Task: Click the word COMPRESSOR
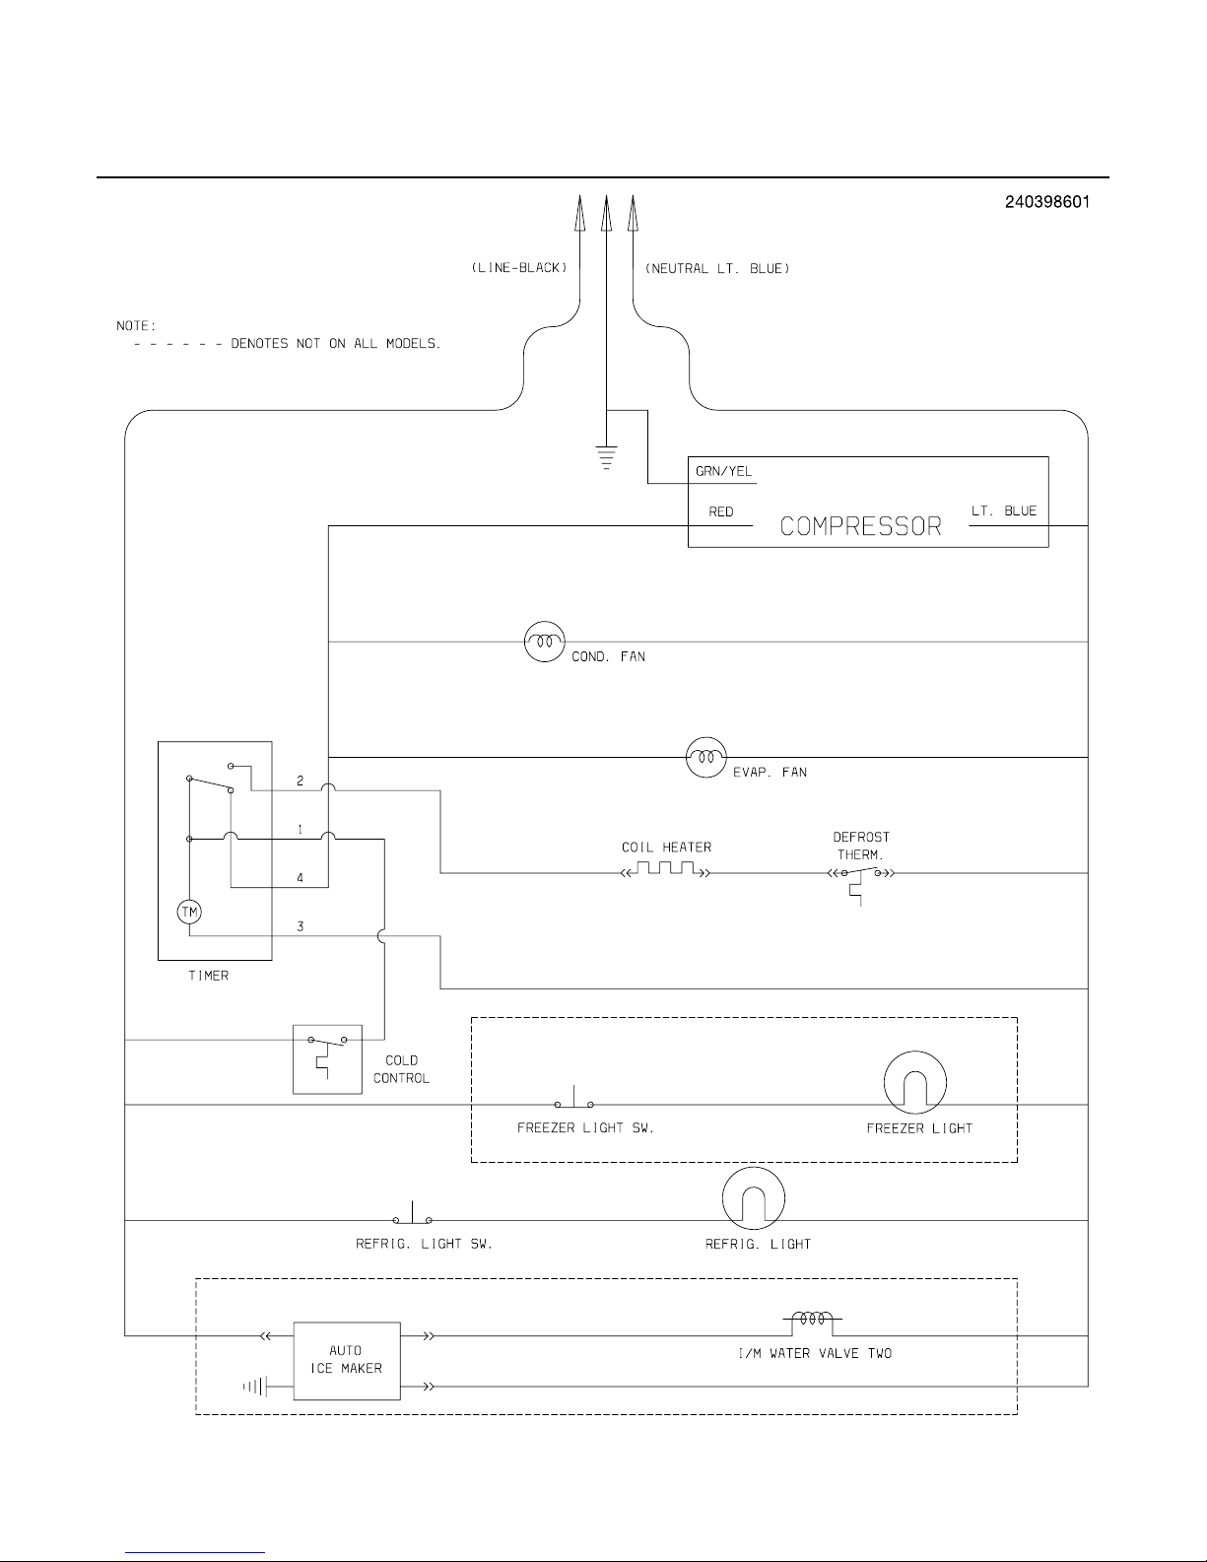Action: pos(860,527)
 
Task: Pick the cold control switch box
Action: pos(327,1059)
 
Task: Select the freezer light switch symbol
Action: pos(574,1098)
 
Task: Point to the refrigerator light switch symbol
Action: pos(413,1213)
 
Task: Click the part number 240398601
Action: pos(1046,202)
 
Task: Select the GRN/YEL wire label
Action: pos(723,471)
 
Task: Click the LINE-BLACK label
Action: pos(519,268)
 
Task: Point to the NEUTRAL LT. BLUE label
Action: pos(717,269)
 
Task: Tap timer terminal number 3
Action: pos(301,926)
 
